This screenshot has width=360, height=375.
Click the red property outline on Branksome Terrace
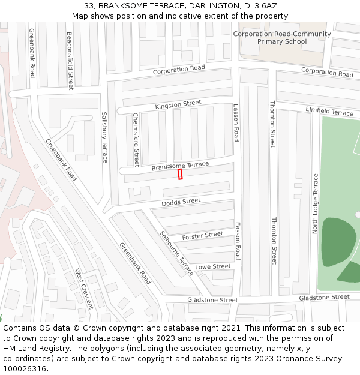pos(180,174)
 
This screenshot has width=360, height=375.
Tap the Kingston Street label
pos(178,105)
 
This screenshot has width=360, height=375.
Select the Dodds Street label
pos(181,202)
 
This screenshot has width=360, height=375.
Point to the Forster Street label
pos(202,236)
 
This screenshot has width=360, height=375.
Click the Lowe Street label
pos(213,266)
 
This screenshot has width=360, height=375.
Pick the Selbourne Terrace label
pos(177,253)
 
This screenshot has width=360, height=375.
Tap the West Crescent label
pos(84,288)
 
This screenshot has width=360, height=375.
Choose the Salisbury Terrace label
pos(104,137)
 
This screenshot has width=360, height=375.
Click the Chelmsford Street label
pos(136,139)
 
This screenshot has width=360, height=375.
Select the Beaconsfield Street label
pos(70,61)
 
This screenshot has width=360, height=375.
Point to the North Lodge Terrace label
pos(316,203)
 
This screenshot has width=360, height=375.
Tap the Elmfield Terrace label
pos(329,112)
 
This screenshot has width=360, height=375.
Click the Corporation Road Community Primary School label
pos(282,38)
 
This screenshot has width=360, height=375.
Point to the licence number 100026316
pos(25,369)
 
